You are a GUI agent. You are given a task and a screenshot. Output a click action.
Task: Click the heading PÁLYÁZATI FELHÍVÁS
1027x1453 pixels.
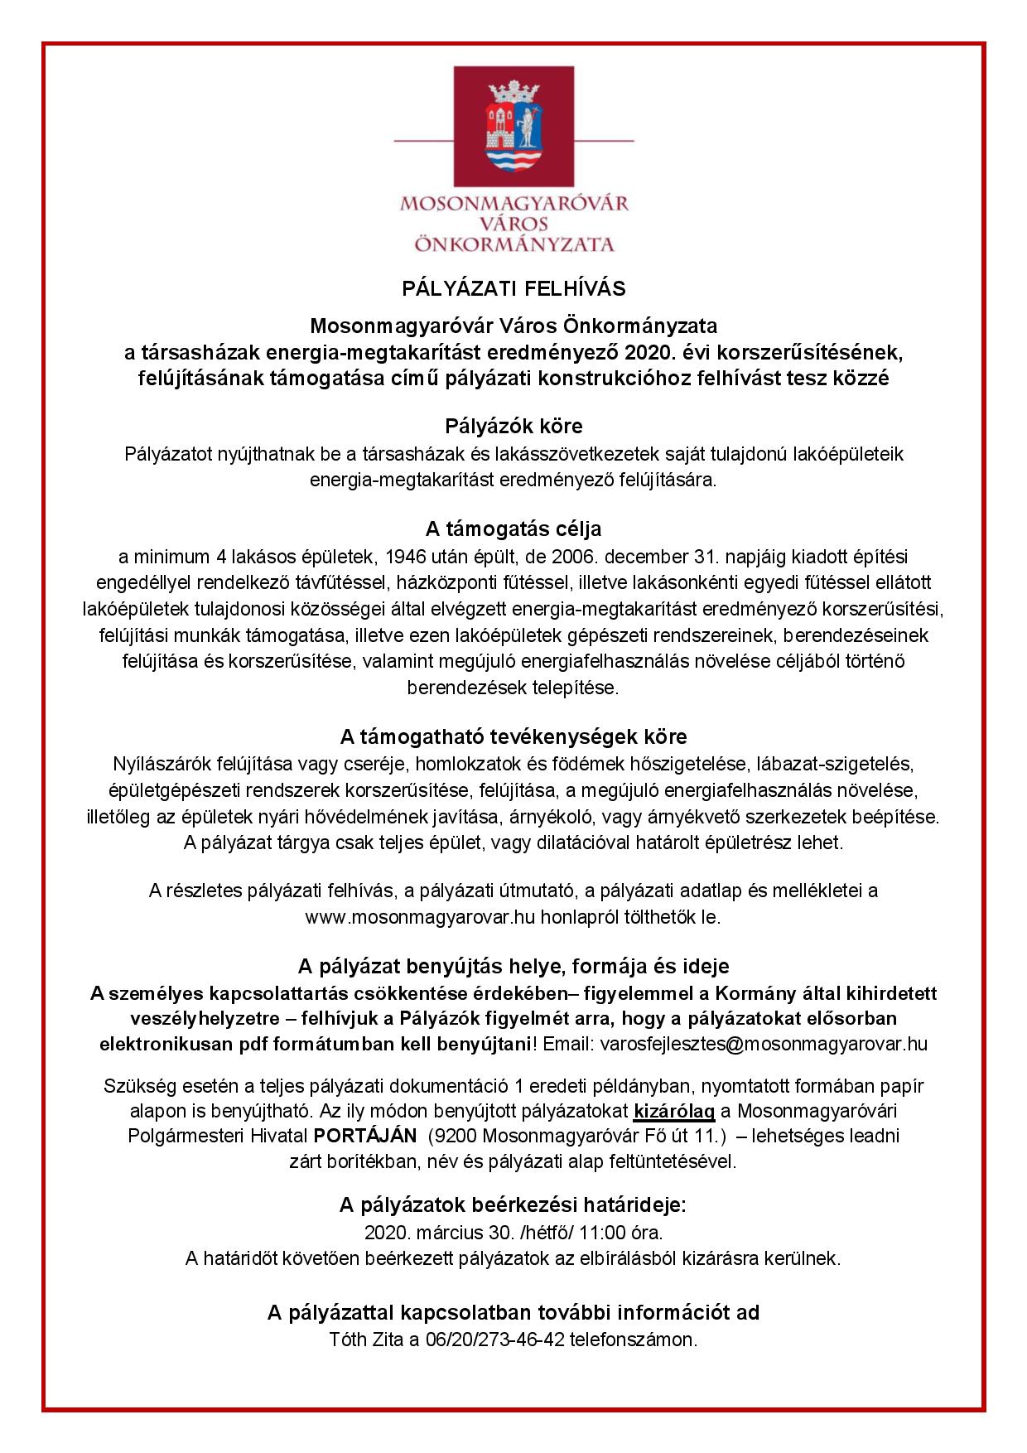click(513, 288)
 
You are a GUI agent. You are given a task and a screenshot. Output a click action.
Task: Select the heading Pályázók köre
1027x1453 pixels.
click(513, 427)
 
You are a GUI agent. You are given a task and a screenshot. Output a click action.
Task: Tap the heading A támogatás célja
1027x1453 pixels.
click(513, 529)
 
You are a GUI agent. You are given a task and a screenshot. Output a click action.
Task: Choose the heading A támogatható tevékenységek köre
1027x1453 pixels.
click(513, 736)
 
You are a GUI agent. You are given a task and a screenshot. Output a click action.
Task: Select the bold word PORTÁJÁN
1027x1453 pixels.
click(364, 1136)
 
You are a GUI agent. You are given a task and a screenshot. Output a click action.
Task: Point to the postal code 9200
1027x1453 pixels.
click(456, 1136)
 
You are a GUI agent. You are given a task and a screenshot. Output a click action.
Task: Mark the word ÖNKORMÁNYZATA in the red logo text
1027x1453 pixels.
click(513, 244)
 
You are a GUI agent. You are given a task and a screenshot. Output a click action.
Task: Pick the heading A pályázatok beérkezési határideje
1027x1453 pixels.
click(513, 1204)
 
